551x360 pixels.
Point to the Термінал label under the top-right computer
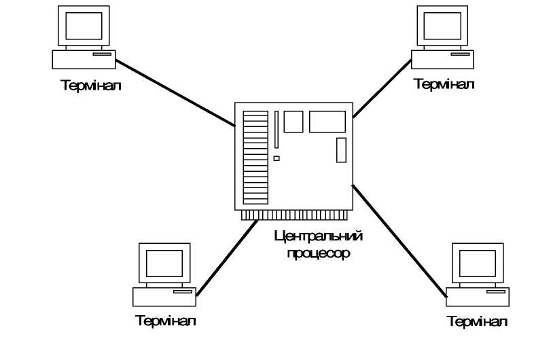coord(444,84)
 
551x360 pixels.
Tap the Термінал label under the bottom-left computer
coord(166,320)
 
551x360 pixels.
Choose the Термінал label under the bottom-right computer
coord(476,321)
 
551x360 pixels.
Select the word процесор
coord(317,254)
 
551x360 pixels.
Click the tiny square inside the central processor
coord(277,158)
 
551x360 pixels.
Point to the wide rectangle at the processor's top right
coord(327,122)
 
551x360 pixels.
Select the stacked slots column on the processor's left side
coord(255,158)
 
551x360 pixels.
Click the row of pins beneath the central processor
coord(294,215)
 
